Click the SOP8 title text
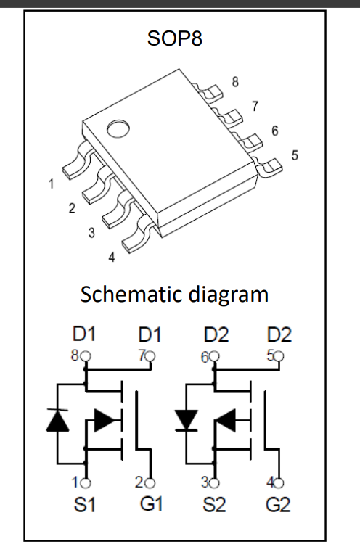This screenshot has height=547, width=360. click(175, 38)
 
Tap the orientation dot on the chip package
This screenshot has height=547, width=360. click(118, 129)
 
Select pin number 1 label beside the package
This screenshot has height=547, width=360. click(52, 184)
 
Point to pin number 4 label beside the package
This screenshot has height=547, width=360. click(111, 258)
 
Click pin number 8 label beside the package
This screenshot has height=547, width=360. click(235, 82)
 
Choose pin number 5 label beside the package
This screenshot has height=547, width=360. click(295, 155)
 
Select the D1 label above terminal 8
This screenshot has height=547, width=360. click(83, 334)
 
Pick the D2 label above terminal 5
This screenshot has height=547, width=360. click(279, 334)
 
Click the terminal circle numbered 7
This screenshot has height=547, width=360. click(151, 356)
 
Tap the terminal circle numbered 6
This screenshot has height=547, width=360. click(214, 356)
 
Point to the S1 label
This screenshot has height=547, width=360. click(84, 504)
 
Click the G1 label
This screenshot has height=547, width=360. click(152, 504)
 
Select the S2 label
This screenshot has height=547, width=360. click(214, 505)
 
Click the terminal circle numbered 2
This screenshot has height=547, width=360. click(150, 483)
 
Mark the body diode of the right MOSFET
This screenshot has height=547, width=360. click(187, 420)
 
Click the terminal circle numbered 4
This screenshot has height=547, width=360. click(279, 483)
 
